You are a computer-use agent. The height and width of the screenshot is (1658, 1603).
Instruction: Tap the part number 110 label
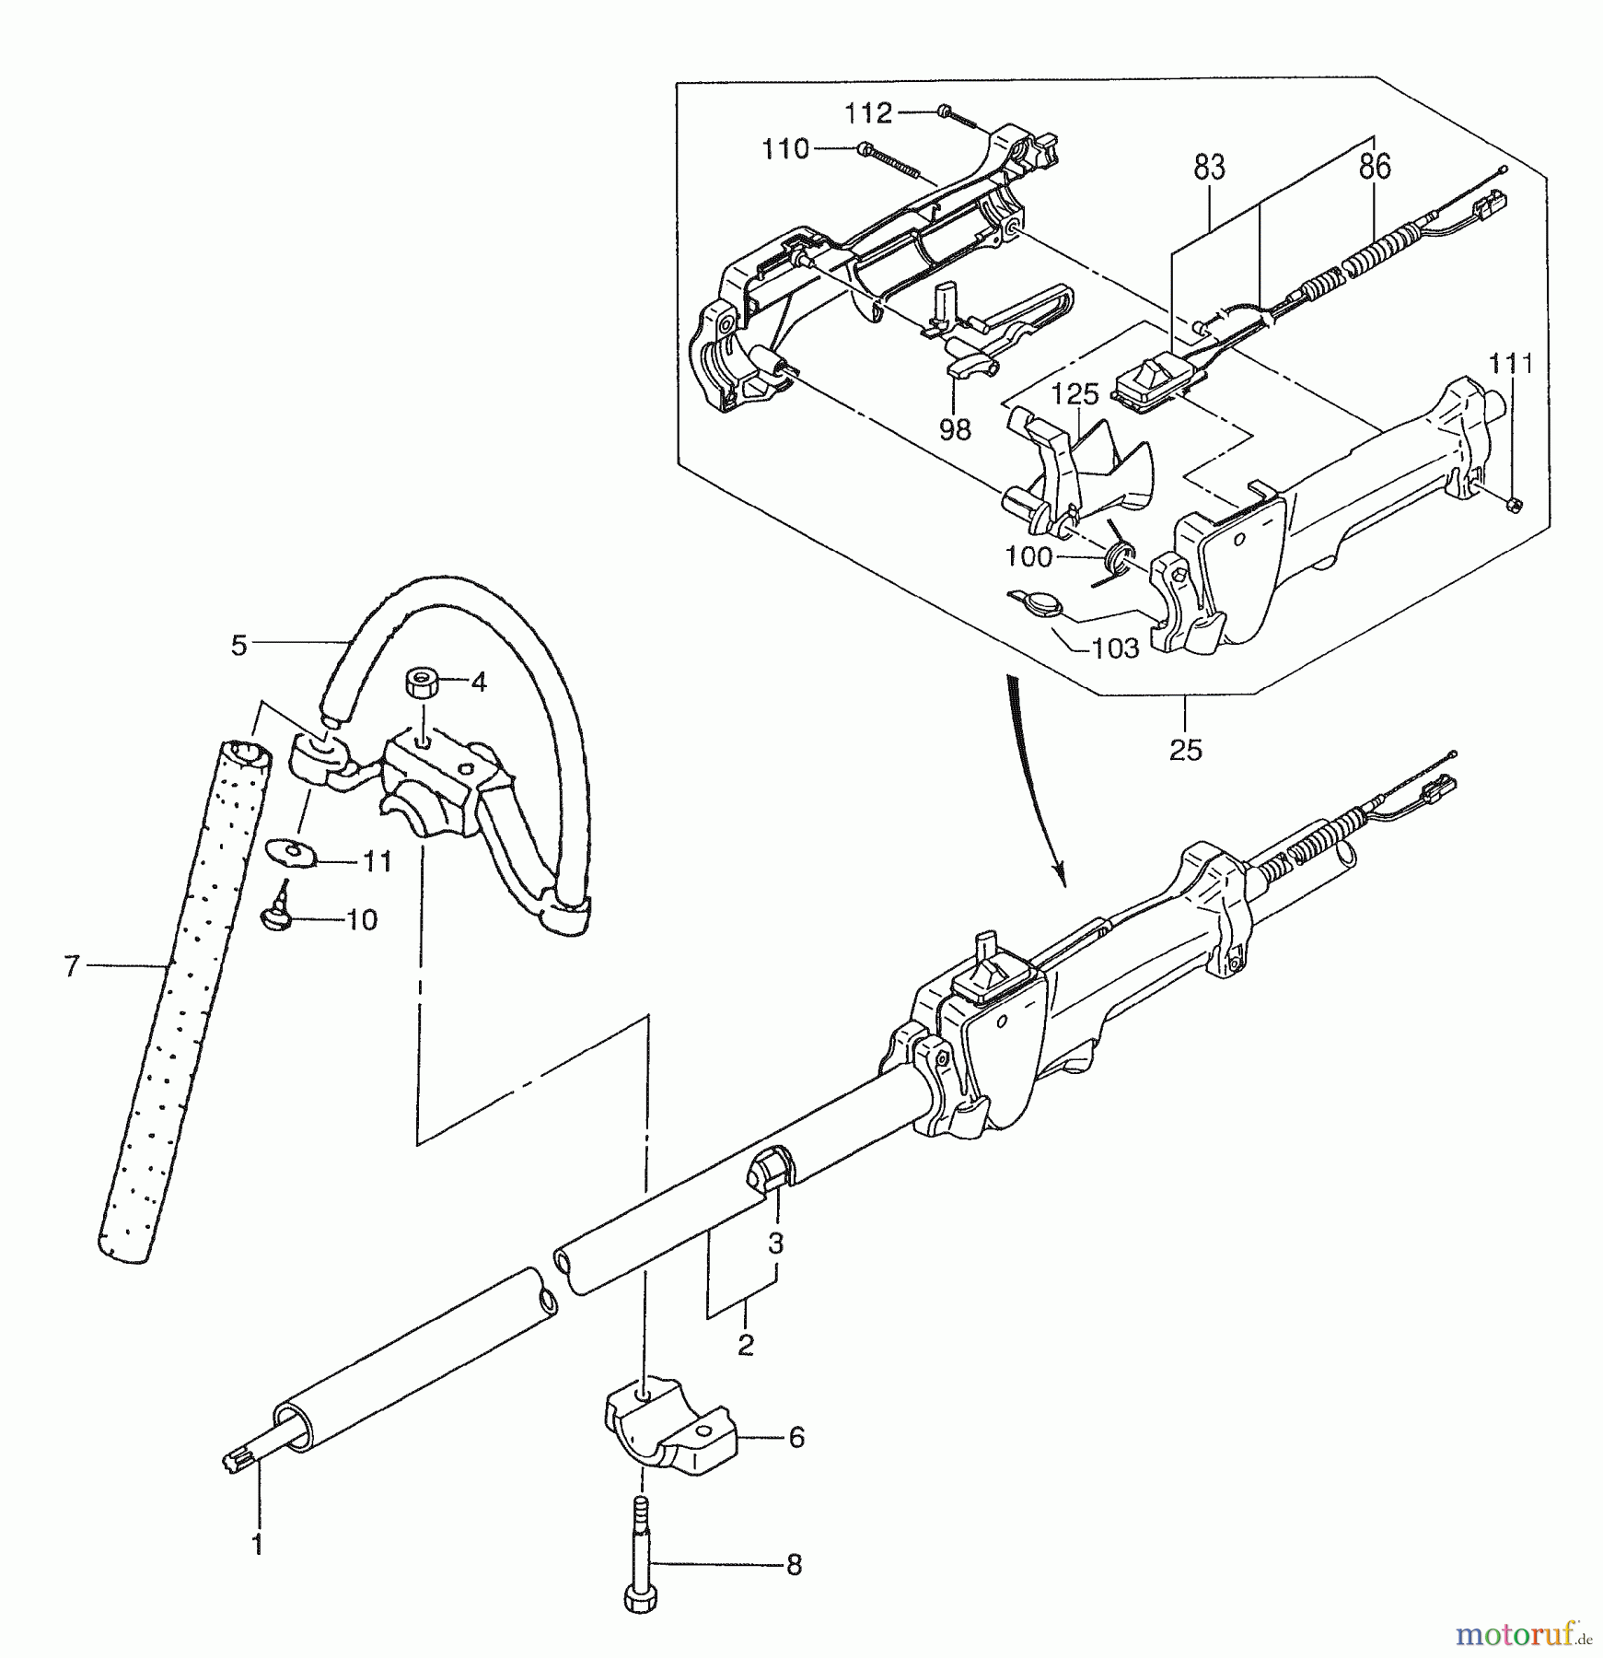click(x=785, y=149)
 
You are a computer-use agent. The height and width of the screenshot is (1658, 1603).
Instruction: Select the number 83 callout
click(x=1209, y=169)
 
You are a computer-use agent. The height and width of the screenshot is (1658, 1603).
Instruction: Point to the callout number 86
click(x=1374, y=168)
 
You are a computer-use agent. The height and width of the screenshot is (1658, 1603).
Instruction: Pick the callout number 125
click(x=1075, y=394)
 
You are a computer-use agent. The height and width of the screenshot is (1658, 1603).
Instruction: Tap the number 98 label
click(x=955, y=429)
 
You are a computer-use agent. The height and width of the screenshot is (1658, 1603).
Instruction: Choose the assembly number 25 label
click(x=1186, y=750)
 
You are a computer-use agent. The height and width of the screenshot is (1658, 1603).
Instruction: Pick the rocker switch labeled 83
click(x=1154, y=384)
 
